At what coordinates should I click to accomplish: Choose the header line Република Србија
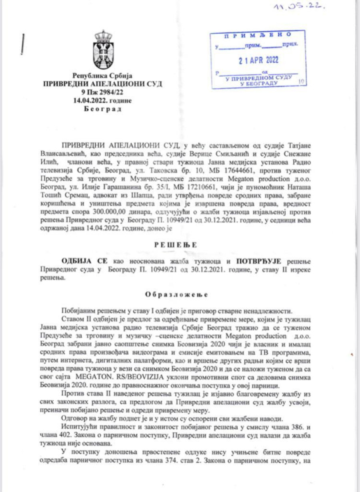pyautogui.click(x=102, y=76)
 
